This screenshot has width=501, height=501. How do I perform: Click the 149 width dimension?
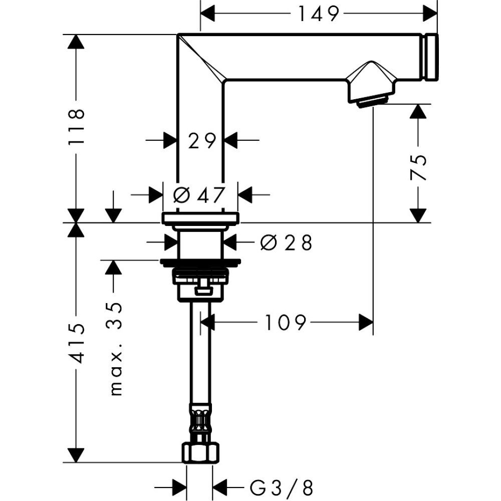point(319,14)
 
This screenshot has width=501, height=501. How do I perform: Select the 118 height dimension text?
point(77,127)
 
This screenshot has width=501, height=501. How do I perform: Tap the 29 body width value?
point(201,141)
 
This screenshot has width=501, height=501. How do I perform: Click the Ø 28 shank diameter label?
point(286,243)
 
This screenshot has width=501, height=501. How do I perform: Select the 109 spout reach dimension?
point(285,322)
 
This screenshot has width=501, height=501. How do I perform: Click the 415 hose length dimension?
point(77,343)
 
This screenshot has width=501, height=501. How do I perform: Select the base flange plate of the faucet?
point(200,218)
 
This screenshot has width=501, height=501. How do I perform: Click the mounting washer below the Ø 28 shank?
point(200,262)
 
